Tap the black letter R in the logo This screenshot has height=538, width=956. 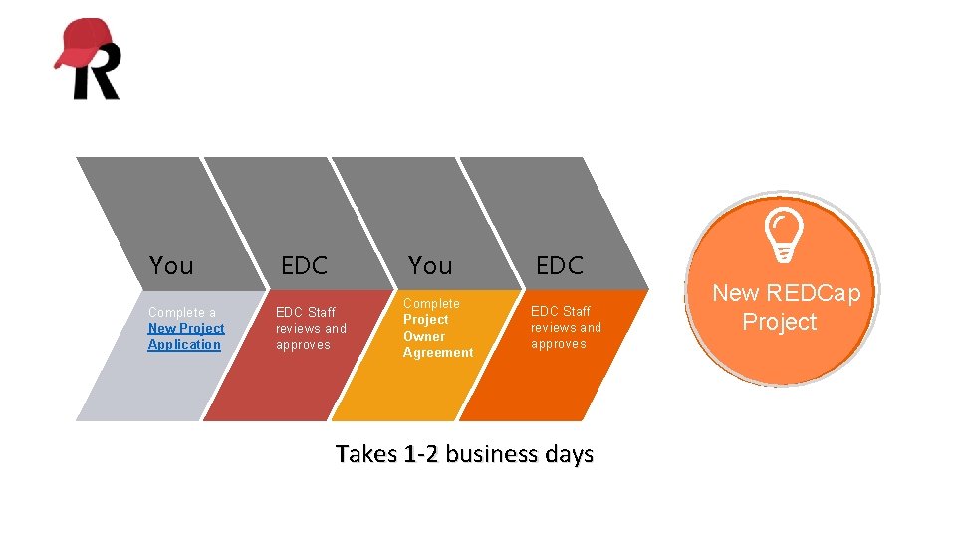click(x=97, y=76)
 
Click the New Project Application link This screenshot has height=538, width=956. click(x=185, y=336)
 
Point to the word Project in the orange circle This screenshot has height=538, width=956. click(x=779, y=322)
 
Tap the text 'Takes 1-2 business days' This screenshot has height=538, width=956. click(x=464, y=454)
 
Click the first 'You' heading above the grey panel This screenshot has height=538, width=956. click(x=171, y=266)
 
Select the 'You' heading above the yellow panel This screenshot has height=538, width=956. click(x=430, y=266)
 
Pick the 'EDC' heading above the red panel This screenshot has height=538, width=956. click(x=304, y=266)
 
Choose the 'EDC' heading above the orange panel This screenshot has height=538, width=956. click(x=559, y=266)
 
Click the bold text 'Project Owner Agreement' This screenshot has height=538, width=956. click(x=437, y=336)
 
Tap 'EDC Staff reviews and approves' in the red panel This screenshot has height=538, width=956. click(x=311, y=328)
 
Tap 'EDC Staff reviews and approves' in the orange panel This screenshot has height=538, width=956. click(x=566, y=327)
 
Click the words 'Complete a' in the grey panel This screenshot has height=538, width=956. click(x=181, y=312)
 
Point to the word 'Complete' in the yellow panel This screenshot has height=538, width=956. click(x=431, y=303)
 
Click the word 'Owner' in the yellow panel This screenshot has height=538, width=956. click(x=424, y=336)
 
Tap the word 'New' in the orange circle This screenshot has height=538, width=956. click(x=735, y=293)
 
